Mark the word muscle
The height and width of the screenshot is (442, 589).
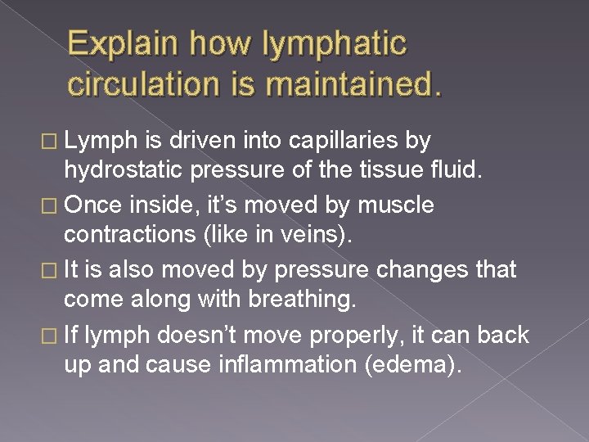[x=405, y=205]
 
